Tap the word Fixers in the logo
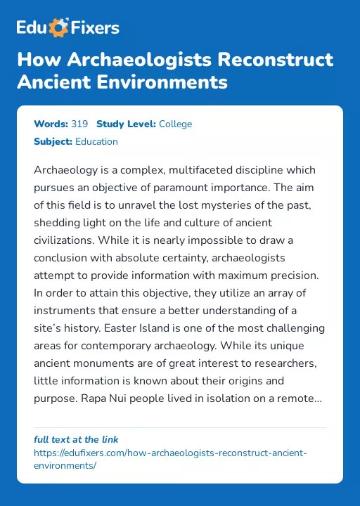point(94,28)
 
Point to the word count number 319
point(79,124)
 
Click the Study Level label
point(126,124)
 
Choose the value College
point(175,124)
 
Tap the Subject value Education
point(96,141)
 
